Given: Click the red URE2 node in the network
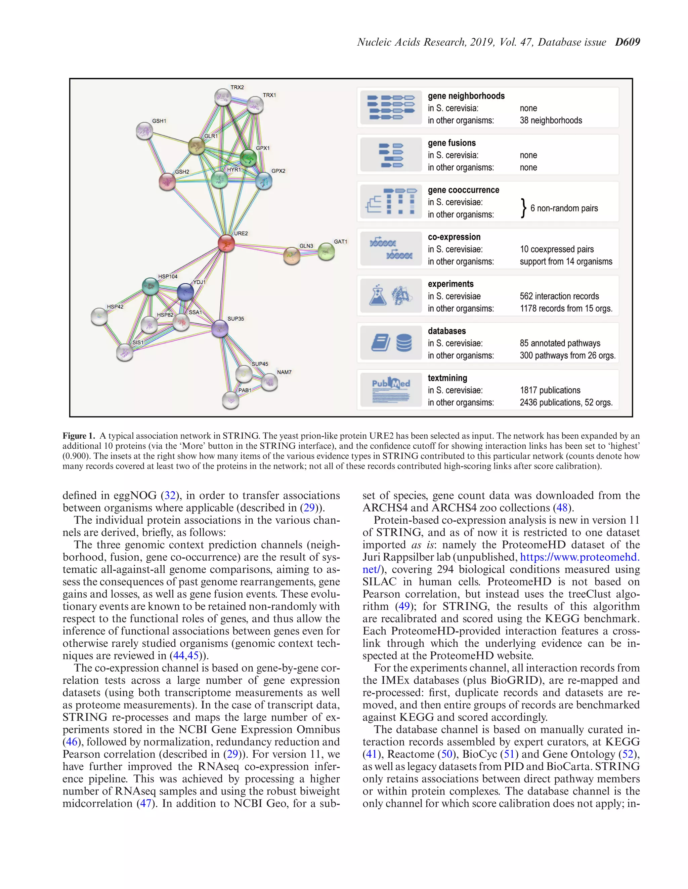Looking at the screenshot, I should pyautogui.click(x=226, y=243).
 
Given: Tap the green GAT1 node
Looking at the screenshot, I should pyautogui.click(x=326, y=251).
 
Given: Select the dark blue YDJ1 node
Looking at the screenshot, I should pyautogui.click(x=185, y=292).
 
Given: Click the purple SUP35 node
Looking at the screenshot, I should pyautogui.click(x=220, y=328).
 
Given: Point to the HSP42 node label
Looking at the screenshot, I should pyautogui.click(x=115, y=307).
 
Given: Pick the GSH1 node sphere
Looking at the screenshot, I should pyautogui.click(x=144, y=131).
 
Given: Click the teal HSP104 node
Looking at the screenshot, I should pyautogui.click(x=150, y=286).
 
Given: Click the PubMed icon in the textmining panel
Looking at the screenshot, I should pyautogui.click(x=391, y=389).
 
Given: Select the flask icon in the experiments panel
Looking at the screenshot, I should pyautogui.click(x=377, y=295).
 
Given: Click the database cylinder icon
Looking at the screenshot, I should pyautogui.click(x=403, y=343).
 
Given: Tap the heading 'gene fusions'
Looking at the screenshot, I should pyautogui.click(x=451, y=143).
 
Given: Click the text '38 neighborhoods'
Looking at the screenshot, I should pyautogui.click(x=551, y=120).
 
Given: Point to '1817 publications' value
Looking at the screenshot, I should pyautogui.click(x=550, y=390).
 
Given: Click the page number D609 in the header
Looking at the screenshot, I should pyautogui.click(x=627, y=42).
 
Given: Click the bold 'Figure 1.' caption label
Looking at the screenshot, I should pyautogui.click(x=79, y=436).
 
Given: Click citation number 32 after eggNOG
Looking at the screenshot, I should pyautogui.click(x=170, y=495).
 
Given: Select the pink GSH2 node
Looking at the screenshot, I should pyautogui.click(x=167, y=181).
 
